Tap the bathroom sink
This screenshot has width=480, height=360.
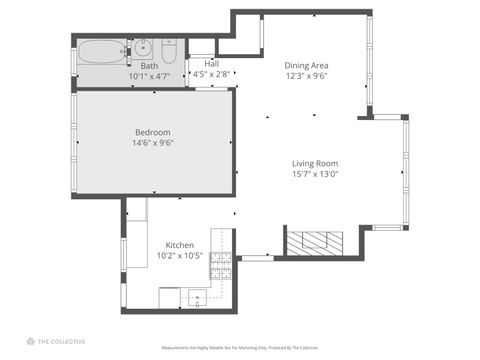tap(144, 47)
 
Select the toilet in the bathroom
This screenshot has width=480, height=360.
tap(169, 49)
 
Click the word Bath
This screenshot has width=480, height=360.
tap(149, 66)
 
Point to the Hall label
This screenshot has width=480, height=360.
tap(212, 63)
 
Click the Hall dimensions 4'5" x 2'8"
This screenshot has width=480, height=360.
tap(212, 73)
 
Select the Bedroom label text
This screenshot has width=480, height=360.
tap(153, 132)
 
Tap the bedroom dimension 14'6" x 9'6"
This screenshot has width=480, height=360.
tap(153, 142)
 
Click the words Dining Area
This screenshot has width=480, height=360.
tap(307, 64)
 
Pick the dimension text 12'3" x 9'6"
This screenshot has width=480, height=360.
tap(307, 74)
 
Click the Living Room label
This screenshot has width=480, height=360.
tap(315, 163)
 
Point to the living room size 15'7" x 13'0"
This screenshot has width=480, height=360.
tap(315, 174)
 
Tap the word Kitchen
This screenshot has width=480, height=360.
tap(179, 245)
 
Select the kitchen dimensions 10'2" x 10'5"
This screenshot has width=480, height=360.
tap(179, 255)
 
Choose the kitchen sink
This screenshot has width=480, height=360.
tap(197, 296)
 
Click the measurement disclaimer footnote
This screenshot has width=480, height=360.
tap(240, 348)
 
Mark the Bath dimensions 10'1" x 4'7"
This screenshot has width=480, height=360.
tap(149, 76)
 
